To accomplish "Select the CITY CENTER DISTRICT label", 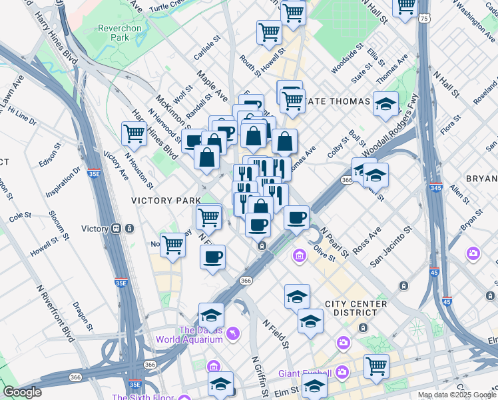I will tap(356, 309).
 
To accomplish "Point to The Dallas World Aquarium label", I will tap(189, 335).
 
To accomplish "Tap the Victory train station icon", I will tap(117, 229).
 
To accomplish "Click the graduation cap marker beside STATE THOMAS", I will tap(385, 103).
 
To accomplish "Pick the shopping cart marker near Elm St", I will tap(376, 365).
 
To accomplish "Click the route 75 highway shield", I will tap(424, 19).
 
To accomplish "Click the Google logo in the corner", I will tap(21, 392).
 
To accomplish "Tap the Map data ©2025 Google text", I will tap(456, 395).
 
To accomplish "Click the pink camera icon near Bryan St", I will tap(473, 253).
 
